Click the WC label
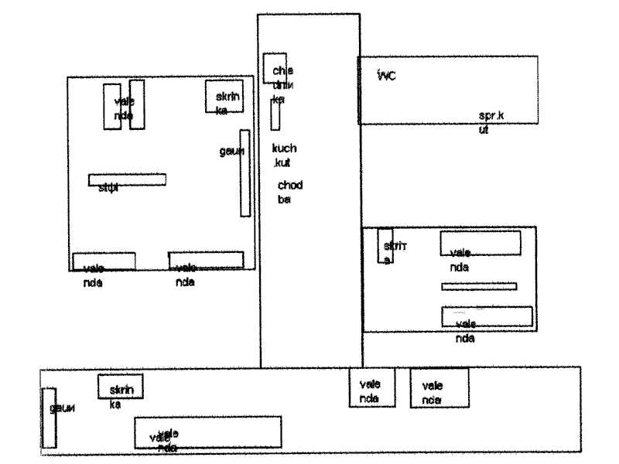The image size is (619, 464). [385, 75]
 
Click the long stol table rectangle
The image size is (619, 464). [127, 179]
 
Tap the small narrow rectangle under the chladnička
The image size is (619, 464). [275, 114]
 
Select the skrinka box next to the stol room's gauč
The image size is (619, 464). [225, 97]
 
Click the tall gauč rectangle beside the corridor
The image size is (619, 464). [244, 173]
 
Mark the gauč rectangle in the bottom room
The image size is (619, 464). [49, 418]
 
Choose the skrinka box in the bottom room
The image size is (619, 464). [120, 387]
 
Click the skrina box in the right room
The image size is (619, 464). [385, 247]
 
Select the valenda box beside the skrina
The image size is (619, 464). [480, 243]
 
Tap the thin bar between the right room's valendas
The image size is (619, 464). [478, 286]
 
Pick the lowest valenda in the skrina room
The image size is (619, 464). [487, 316]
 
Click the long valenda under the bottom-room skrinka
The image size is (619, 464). [207, 432]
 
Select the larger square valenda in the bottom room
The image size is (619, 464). [439, 387]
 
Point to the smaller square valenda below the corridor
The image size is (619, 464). [371, 387]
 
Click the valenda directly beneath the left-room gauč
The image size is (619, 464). [206, 260]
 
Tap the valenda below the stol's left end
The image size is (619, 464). [104, 261]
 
